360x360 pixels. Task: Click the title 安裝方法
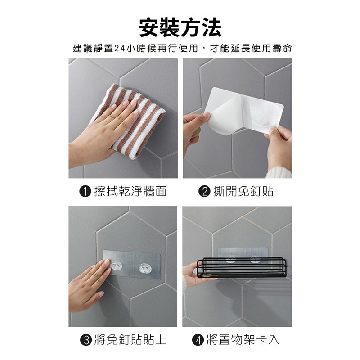tap(180, 27)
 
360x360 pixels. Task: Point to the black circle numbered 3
tap(86, 340)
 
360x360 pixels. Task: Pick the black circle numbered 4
tap(198, 340)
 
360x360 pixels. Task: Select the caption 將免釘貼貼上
tap(130, 340)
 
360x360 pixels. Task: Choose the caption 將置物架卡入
tap(243, 340)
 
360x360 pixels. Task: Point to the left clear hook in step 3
tap(117, 266)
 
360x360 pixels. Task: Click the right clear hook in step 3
tap(144, 269)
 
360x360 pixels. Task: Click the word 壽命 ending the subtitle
tap(283, 49)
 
